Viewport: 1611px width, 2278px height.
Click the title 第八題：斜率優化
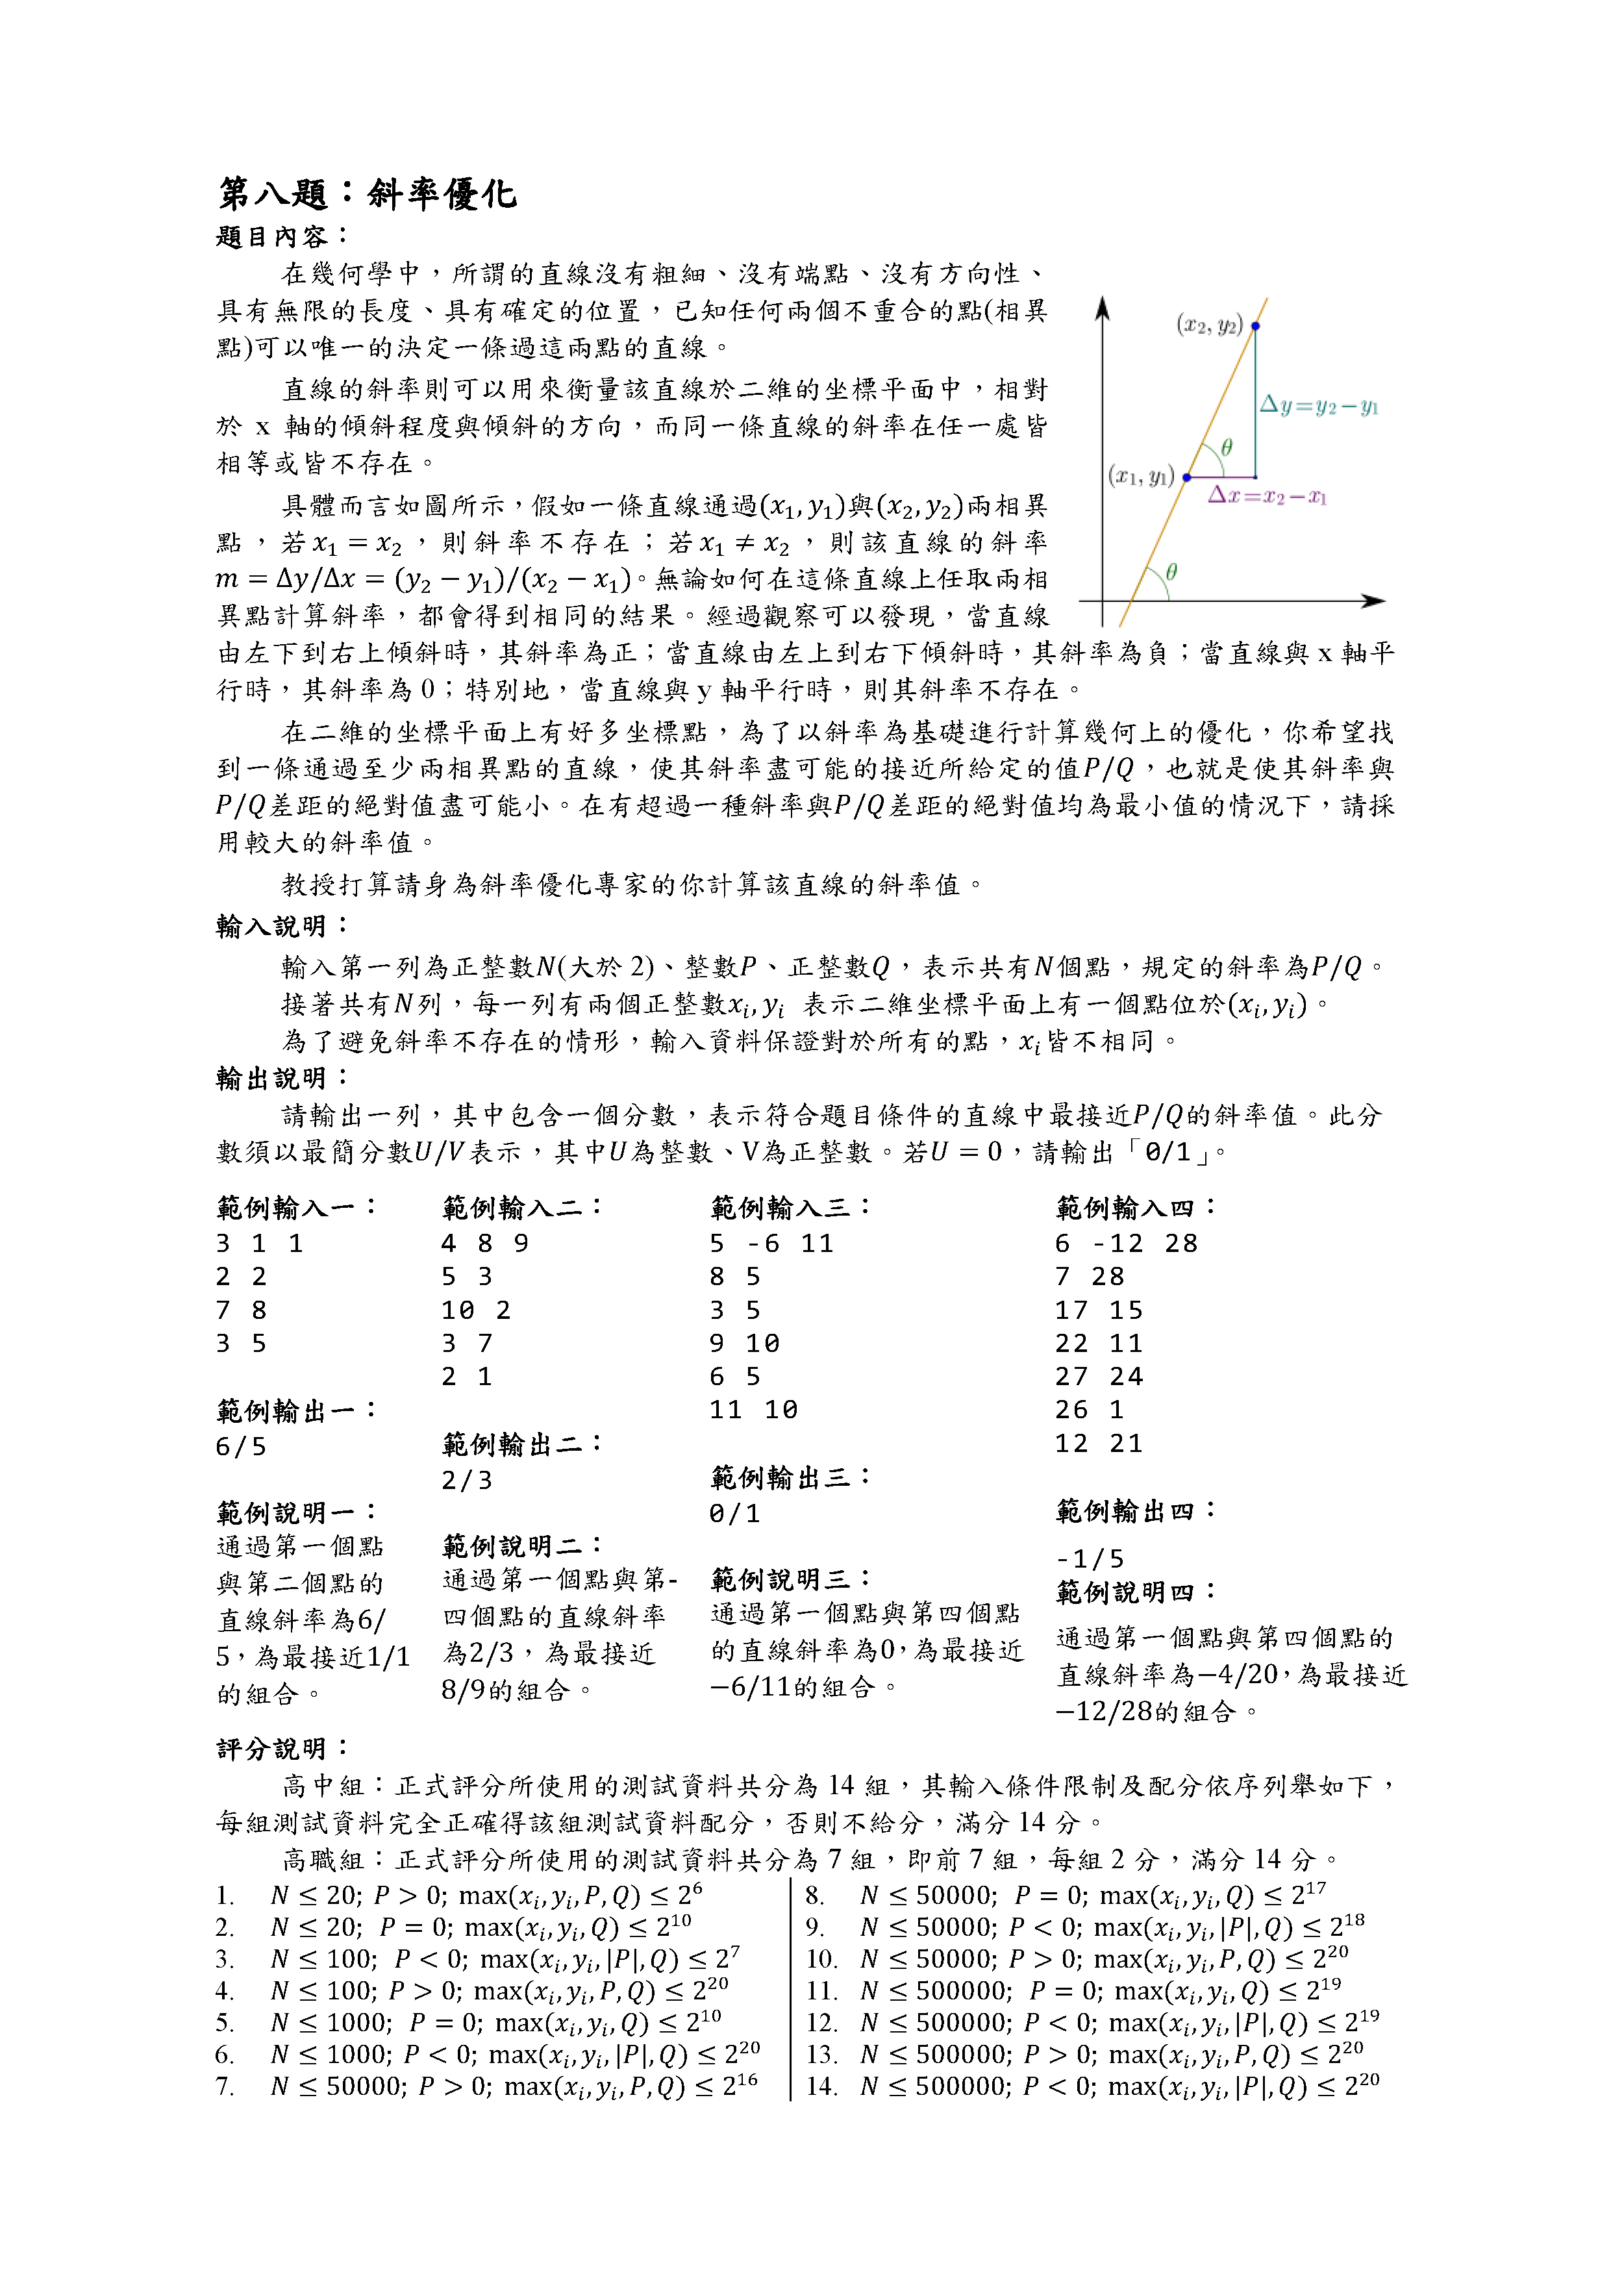367,194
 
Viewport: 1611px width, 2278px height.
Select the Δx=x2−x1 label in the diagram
1267,496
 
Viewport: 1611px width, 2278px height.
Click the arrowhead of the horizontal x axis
1375,600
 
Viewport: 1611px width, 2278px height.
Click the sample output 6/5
241,1447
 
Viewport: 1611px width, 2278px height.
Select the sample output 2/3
466,1481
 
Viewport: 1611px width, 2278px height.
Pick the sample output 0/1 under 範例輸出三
734,1514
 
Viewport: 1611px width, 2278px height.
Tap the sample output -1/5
1089,1558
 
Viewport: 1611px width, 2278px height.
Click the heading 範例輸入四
1134,1207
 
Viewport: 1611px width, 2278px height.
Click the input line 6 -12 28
1126,1243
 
